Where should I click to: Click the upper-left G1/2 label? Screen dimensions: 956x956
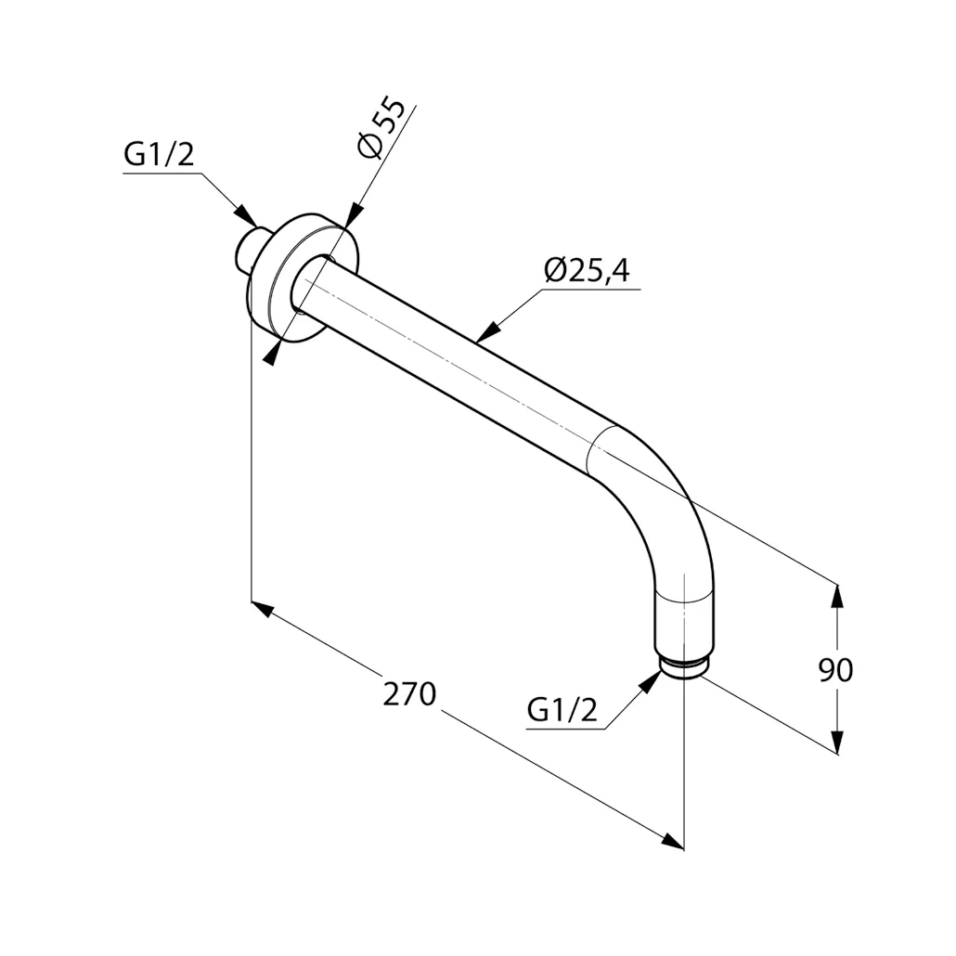pos(159,155)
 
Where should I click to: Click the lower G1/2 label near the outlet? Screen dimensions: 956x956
pos(562,710)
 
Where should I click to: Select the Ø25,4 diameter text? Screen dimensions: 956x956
pos(587,271)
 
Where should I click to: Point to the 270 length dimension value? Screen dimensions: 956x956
pos(409,694)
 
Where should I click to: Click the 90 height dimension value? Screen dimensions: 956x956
pos(835,669)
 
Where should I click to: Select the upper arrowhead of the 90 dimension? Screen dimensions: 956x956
pos(837,595)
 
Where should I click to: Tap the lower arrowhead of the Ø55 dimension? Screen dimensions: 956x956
pos(271,353)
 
